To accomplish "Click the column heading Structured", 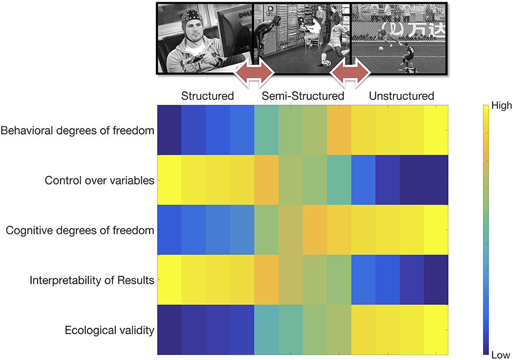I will tap(207, 97).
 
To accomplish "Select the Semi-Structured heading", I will tap(302, 97).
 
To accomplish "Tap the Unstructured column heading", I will tap(401, 97).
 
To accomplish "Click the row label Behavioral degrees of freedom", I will tap(78, 130).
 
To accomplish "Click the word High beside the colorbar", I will tap(502, 106).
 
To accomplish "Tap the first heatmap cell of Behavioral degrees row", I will tap(169, 130).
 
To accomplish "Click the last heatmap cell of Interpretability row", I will tap(436, 280).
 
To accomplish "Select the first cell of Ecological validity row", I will tap(169, 330).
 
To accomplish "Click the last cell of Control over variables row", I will tap(436, 180).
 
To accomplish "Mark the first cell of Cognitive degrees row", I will tap(169, 230).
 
